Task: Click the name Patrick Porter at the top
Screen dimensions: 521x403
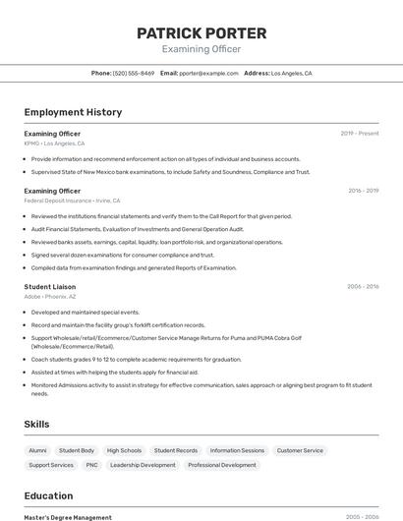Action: [x=201, y=32]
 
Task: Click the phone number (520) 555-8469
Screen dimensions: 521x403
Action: [x=134, y=73]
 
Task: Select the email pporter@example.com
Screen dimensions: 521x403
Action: [x=208, y=73]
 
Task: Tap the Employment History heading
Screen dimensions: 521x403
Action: [x=73, y=112]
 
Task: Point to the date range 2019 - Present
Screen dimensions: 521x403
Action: [x=360, y=134]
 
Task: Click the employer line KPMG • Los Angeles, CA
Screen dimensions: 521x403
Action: [x=54, y=144]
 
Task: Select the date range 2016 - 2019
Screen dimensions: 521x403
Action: [x=364, y=191]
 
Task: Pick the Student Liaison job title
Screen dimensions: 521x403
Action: [x=50, y=287]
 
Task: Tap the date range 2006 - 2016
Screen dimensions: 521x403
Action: [x=363, y=287]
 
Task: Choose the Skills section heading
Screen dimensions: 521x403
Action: [x=37, y=424]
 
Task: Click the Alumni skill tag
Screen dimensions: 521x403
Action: [x=37, y=450]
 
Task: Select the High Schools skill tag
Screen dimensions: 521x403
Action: [x=124, y=450]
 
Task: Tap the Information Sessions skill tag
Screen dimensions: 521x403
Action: [x=237, y=450]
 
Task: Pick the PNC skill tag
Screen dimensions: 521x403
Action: [x=91, y=465]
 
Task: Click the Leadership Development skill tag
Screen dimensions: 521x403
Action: [x=143, y=465]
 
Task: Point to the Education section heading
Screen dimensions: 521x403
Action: [x=48, y=496]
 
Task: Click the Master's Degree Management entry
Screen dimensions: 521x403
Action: [x=68, y=517]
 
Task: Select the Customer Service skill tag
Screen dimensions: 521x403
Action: [x=300, y=450]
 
